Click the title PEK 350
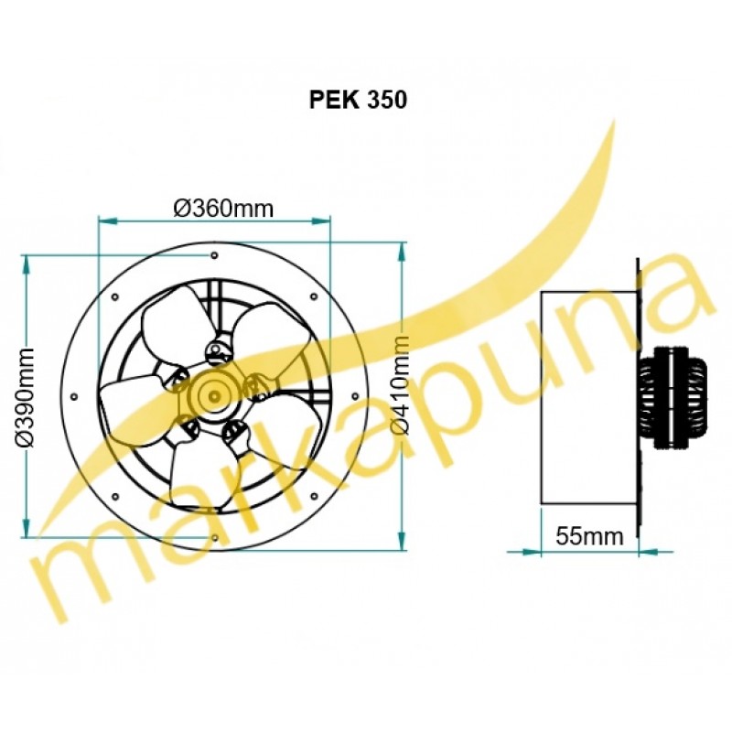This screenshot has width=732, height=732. (358, 100)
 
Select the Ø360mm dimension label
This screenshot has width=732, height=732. (223, 209)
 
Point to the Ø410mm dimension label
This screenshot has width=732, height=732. (400, 385)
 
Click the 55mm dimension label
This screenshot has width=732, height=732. (589, 536)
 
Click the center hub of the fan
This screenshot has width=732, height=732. (214, 397)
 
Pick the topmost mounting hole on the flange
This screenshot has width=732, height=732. (214, 255)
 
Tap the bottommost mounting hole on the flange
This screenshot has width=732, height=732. (214, 538)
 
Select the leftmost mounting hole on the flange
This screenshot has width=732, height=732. (74, 397)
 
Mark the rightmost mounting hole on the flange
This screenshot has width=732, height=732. (355, 397)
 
